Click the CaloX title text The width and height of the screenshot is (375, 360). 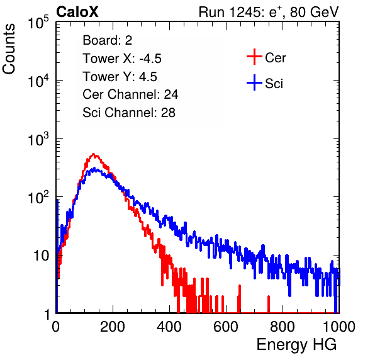pyautogui.click(x=77, y=12)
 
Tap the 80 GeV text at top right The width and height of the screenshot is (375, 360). pyautogui.click(x=315, y=12)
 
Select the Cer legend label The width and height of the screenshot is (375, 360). pyautogui.click(x=275, y=58)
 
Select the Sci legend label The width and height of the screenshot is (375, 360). pyautogui.click(x=274, y=84)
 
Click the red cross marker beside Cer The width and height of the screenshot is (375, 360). pyautogui.click(x=254, y=57)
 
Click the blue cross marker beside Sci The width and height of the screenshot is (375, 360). pyautogui.click(x=254, y=83)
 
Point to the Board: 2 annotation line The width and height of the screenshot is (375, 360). pyautogui.click(x=108, y=40)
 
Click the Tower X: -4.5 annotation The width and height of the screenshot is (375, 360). pyautogui.click(x=122, y=59)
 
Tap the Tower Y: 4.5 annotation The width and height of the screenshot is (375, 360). pyautogui.click(x=120, y=77)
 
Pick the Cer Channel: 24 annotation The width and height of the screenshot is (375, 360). pyautogui.click(x=130, y=94)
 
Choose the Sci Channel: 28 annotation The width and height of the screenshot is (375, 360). pyautogui.click(x=129, y=113)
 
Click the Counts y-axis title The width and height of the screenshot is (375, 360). pyautogui.click(x=9, y=49)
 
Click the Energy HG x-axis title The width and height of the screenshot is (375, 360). pyautogui.click(x=296, y=345)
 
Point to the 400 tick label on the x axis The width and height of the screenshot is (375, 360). pyautogui.click(x=169, y=327)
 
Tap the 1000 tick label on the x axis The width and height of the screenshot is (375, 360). pyautogui.click(x=339, y=327)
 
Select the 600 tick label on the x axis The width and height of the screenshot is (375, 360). pyautogui.click(x=226, y=327)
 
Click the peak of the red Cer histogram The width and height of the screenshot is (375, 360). pyautogui.click(x=94, y=154)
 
